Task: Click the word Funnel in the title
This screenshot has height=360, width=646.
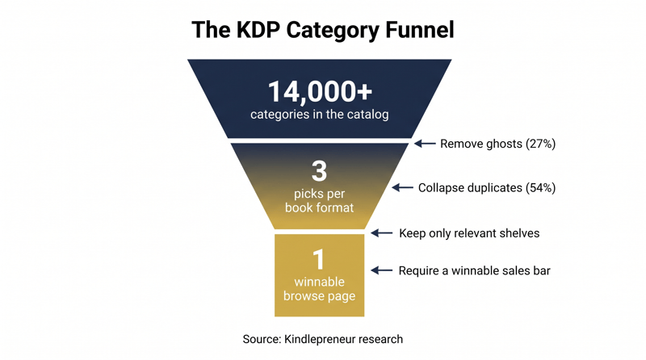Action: pos(420,30)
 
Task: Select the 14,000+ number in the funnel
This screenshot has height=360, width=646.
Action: pos(320,91)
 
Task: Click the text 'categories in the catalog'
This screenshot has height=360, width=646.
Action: pos(319,114)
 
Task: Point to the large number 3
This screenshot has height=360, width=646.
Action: pos(319,171)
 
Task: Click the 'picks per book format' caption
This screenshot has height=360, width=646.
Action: pos(319,201)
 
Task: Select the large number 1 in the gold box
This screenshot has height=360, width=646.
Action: pos(318,260)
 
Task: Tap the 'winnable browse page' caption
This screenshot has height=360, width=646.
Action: pos(319,289)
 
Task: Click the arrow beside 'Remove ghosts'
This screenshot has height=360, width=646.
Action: pos(425,144)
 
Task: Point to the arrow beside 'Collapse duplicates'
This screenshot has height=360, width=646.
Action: pos(402,188)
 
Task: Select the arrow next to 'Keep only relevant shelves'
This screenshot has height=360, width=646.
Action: pos(381,233)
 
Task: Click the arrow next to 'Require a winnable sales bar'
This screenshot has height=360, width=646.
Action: pos(381,270)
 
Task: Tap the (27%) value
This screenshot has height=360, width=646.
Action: pos(540,144)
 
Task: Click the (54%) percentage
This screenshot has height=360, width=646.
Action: pos(540,188)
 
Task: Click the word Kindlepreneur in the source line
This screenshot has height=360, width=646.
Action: pos(314,339)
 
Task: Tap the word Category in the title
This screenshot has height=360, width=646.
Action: pos(333,30)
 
